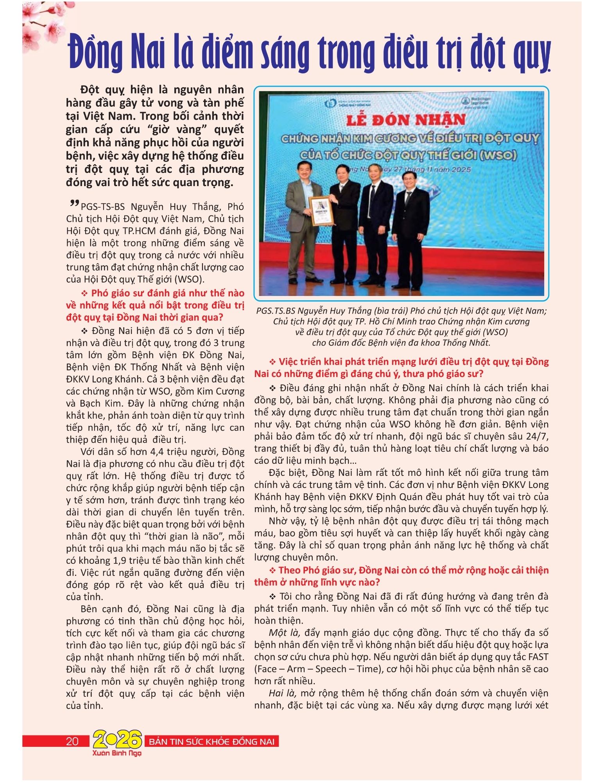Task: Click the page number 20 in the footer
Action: tap(72, 741)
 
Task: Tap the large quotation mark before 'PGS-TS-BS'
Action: tap(72, 204)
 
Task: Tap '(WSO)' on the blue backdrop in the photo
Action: tap(496, 156)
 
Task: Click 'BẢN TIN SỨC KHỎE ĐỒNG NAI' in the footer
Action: tap(212, 741)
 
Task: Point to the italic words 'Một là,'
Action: tap(284, 632)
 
